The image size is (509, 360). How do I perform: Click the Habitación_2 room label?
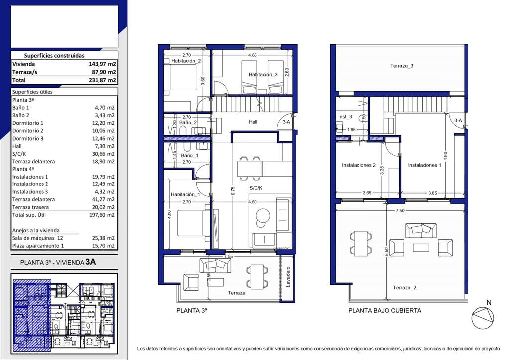tap(186, 61)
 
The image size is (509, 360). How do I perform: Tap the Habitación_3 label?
tap(263, 75)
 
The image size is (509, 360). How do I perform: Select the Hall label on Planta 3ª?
tap(253, 122)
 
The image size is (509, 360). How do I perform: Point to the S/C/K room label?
tap(256, 188)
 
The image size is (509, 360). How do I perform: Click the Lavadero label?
tap(288, 277)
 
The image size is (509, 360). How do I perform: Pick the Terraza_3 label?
tap(402, 66)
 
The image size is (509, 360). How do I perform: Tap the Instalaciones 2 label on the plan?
tap(359, 165)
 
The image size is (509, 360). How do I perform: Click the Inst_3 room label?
tap(345, 117)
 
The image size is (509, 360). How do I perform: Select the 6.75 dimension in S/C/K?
tap(233, 190)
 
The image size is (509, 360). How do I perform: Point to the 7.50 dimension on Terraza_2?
tap(400, 211)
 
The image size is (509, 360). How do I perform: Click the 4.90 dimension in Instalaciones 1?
tap(446, 156)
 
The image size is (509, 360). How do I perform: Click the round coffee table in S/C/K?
tap(262, 215)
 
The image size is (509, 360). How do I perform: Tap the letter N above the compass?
tap(489, 302)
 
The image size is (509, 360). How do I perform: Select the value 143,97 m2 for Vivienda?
tap(102, 64)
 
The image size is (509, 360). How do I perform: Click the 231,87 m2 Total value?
tap(102, 80)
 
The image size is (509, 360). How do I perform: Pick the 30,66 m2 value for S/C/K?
tap(103, 154)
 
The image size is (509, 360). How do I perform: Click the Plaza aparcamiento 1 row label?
tap(38, 246)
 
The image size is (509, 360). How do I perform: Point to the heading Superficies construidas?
tap(54, 56)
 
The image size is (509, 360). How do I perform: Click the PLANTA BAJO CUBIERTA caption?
tap(385, 311)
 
